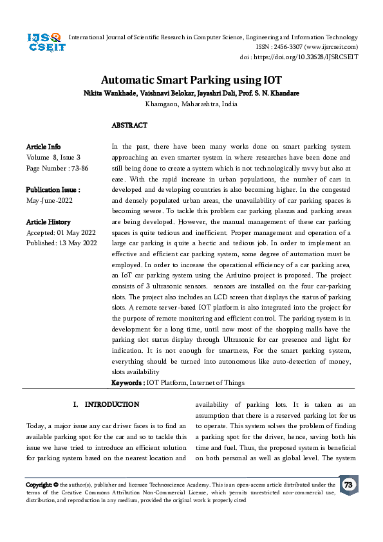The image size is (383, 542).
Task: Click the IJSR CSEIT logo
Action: pos(44,45)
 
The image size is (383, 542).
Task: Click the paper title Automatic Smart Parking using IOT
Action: pos(191,80)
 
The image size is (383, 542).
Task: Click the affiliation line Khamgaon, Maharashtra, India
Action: pos(191,103)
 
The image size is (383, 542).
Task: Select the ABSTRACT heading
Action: pos(129,126)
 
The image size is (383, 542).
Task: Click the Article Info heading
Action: pos(43,147)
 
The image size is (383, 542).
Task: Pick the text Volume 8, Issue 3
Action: pos(53,157)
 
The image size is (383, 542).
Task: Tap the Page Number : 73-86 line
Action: pos(57,167)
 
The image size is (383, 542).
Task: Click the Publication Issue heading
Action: pos(53,190)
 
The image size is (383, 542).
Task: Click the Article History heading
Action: pos(49,222)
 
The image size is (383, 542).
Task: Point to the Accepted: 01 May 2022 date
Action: pos(61,232)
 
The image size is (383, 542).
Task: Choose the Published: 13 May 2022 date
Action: pos(61,243)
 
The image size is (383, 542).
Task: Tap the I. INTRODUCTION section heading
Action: pos(106,405)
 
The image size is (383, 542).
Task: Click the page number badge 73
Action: pos(348,485)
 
